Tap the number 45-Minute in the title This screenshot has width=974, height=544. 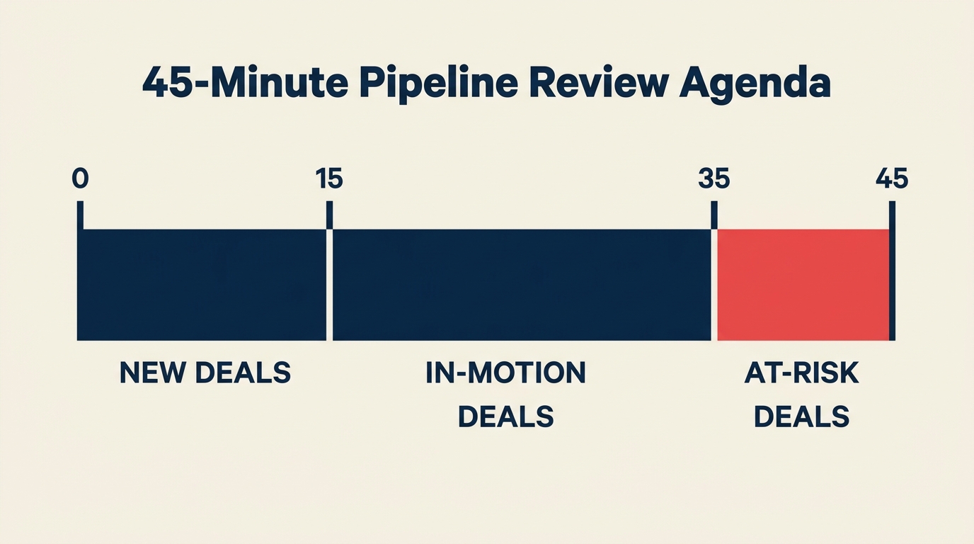tap(245, 84)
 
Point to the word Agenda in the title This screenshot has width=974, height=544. tap(755, 84)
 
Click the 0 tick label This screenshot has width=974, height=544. tap(80, 179)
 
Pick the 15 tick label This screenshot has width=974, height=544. tap(329, 179)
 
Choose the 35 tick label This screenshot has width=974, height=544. tap(714, 179)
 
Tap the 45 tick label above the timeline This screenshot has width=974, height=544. tap(892, 179)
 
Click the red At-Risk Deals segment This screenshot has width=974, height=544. tap(803, 285)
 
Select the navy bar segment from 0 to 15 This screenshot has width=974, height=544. tap(202, 285)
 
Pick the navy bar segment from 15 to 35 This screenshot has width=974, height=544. tap(522, 285)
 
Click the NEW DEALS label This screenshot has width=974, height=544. tap(205, 373)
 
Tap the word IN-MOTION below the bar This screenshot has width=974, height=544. tap(505, 373)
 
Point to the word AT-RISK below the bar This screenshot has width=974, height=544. tap(801, 373)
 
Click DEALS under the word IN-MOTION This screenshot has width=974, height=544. tap(505, 416)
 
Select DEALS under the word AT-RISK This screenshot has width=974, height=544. tap(801, 416)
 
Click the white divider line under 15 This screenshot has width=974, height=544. tap(329, 283)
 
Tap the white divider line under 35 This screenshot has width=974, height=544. tap(714, 283)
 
